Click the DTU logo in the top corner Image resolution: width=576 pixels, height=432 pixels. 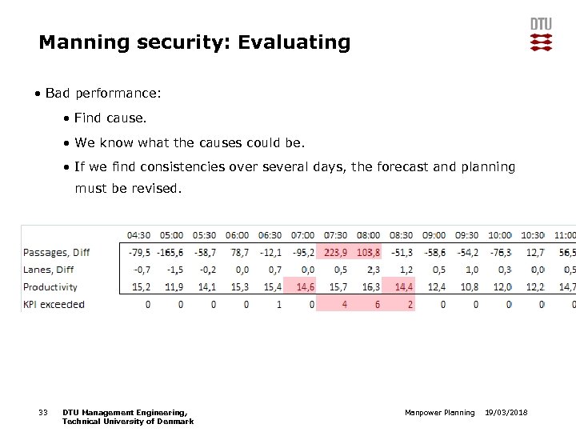(541, 34)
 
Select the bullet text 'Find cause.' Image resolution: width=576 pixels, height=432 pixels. (110, 118)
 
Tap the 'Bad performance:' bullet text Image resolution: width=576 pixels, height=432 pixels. (103, 94)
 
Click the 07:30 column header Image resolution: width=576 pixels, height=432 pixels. (334, 235)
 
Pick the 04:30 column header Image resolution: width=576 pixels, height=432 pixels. (138, 235)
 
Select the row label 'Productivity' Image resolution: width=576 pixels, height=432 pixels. (50, 286)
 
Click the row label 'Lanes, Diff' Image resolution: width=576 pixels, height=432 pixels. (49, 270)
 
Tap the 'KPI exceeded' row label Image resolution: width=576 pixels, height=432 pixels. (54, 304)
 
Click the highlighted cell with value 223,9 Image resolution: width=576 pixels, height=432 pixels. (335, 252)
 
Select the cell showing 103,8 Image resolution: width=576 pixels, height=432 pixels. (368, 252)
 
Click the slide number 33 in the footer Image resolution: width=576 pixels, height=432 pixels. (43, 412)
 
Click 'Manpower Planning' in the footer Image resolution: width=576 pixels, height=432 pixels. (440, 412)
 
